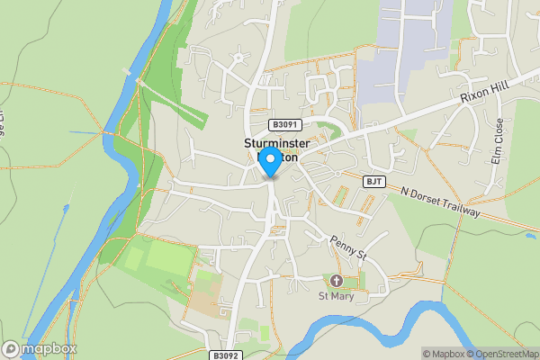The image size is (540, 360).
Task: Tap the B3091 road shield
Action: pyautogui.click(x=283, y=125)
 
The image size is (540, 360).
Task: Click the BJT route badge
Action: pyautogui.click(x=374, y=182)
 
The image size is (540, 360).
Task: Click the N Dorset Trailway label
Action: pyautogui.click(x=441, y=202)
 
